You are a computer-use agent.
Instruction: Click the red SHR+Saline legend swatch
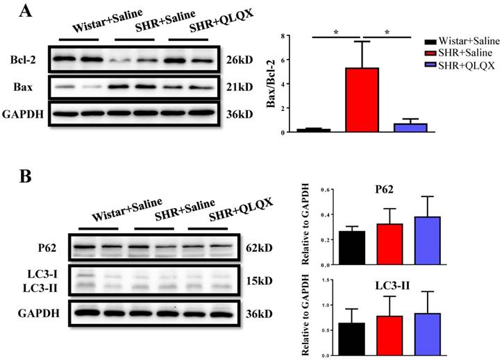tap(430, 53)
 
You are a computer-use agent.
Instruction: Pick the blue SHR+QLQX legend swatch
tap(430, 64)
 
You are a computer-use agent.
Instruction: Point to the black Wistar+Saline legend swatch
tap(430, 42)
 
